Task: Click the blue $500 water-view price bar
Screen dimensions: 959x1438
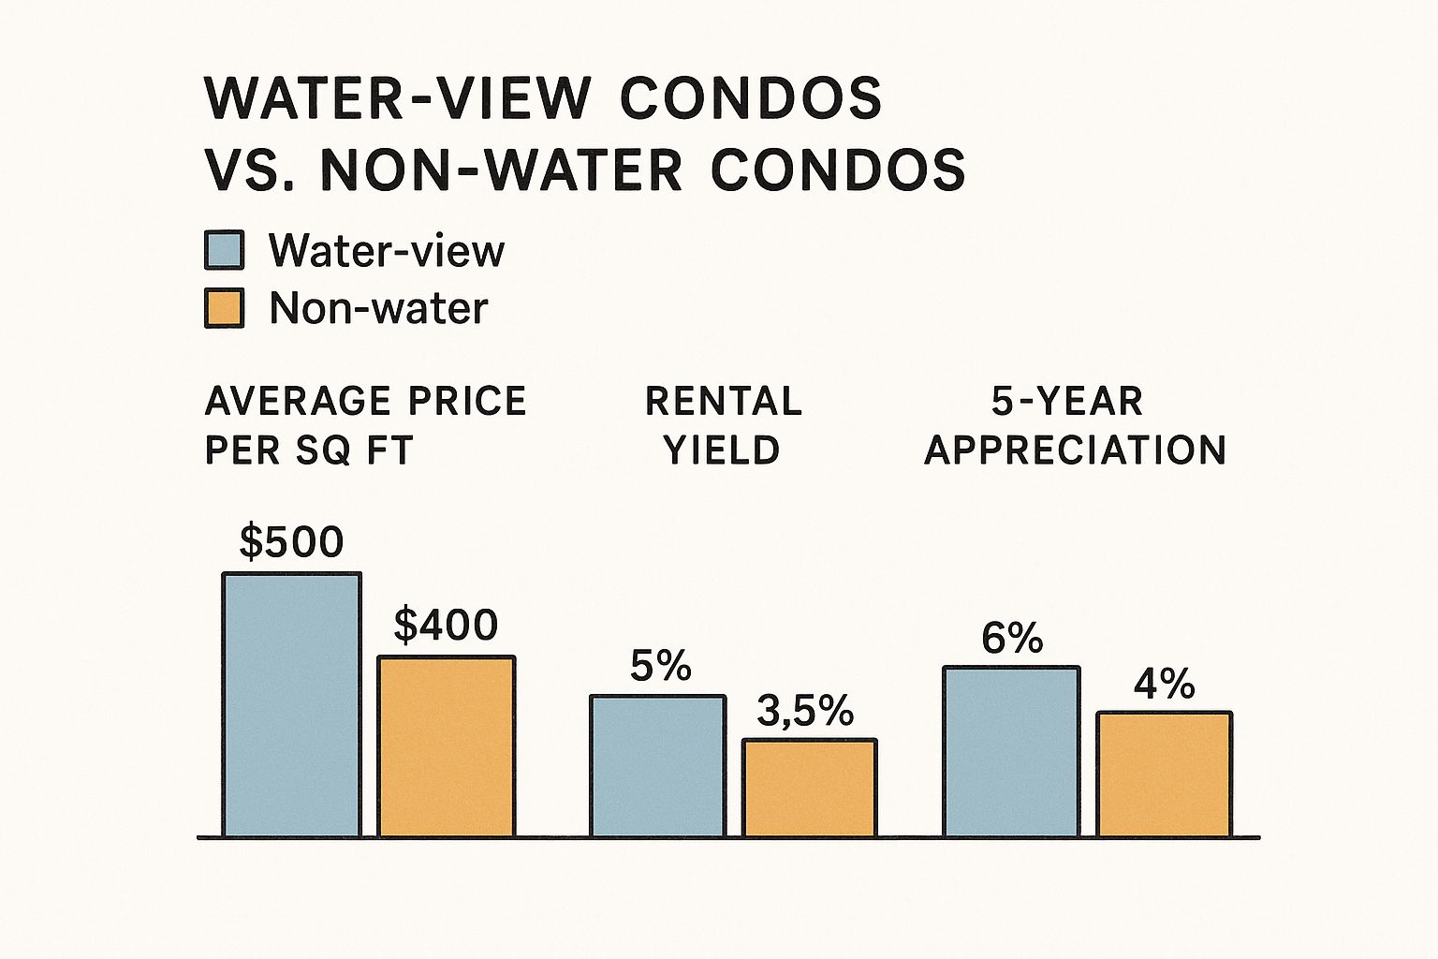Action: (291, 704)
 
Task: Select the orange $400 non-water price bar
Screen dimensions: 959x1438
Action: (446, 745)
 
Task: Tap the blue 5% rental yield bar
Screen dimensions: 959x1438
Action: (657, 765)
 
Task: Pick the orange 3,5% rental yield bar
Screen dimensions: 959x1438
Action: (810, 788)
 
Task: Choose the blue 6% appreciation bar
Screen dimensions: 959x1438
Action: (1011, 751)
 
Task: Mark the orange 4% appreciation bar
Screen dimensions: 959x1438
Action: (1165, 774)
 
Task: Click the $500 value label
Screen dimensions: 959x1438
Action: (291, 542)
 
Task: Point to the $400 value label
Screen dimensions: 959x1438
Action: (446, 626)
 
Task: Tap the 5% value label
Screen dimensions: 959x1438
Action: (661, 666)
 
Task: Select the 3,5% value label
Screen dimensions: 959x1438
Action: (805, 712)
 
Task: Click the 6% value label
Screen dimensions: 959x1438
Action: (1012, 639)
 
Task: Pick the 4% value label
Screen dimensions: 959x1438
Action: (1164, 685)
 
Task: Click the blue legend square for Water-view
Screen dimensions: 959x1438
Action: (225, 250)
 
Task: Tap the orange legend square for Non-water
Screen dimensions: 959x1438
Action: (225, 308)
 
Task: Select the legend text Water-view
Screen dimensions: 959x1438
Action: (387, 250)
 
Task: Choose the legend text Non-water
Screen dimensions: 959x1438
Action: (378, 308)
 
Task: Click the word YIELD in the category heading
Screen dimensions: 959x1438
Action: (722, 450)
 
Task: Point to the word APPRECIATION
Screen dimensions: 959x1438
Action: (1076, 450)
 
